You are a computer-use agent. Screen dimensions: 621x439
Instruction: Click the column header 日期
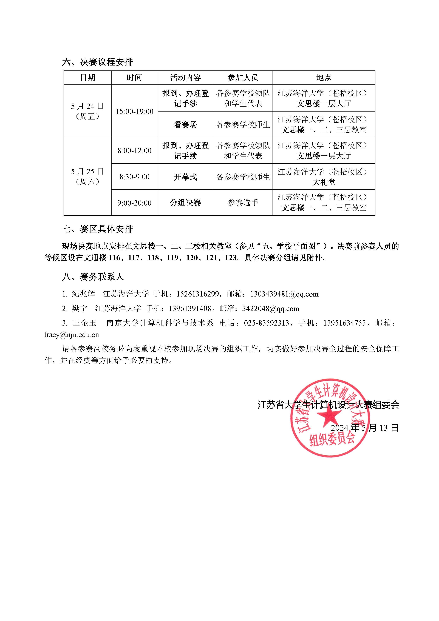coord(88,78)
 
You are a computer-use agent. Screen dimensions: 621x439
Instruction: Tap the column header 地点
coord(324,78)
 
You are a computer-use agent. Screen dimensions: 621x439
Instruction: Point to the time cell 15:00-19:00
coord(134,111)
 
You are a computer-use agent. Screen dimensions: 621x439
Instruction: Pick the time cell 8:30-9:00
coord(134,177)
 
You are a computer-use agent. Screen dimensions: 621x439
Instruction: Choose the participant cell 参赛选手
coord(243,203)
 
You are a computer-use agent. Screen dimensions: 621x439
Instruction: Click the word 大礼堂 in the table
coord(324,182)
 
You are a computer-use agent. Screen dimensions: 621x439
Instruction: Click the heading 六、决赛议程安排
coord(97,62)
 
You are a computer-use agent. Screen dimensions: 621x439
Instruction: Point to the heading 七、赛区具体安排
coord(97,229)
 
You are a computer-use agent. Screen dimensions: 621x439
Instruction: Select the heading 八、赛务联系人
coord(93,277)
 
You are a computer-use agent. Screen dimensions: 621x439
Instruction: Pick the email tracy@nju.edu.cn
coord(72,335)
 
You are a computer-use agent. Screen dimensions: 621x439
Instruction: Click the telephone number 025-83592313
coord(267,323)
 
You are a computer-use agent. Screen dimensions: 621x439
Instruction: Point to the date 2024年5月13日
coord(364,428)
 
